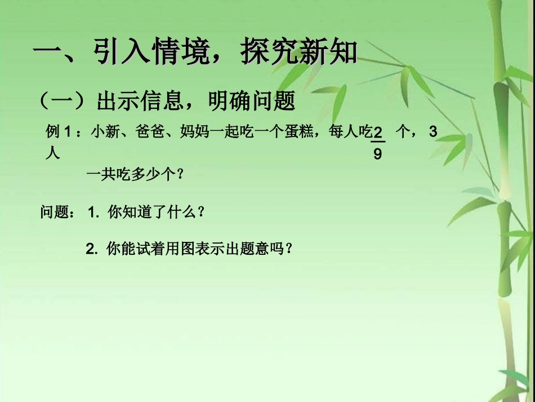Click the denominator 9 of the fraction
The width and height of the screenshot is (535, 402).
pos(377,153)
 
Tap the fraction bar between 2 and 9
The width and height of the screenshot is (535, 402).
pos(377,143)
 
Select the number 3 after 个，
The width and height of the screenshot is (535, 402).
pos(433,132)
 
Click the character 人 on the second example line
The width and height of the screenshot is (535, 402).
pos(52,153)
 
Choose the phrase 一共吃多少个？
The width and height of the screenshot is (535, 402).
pos(135,174)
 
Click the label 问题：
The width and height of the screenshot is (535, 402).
pos(57,213)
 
